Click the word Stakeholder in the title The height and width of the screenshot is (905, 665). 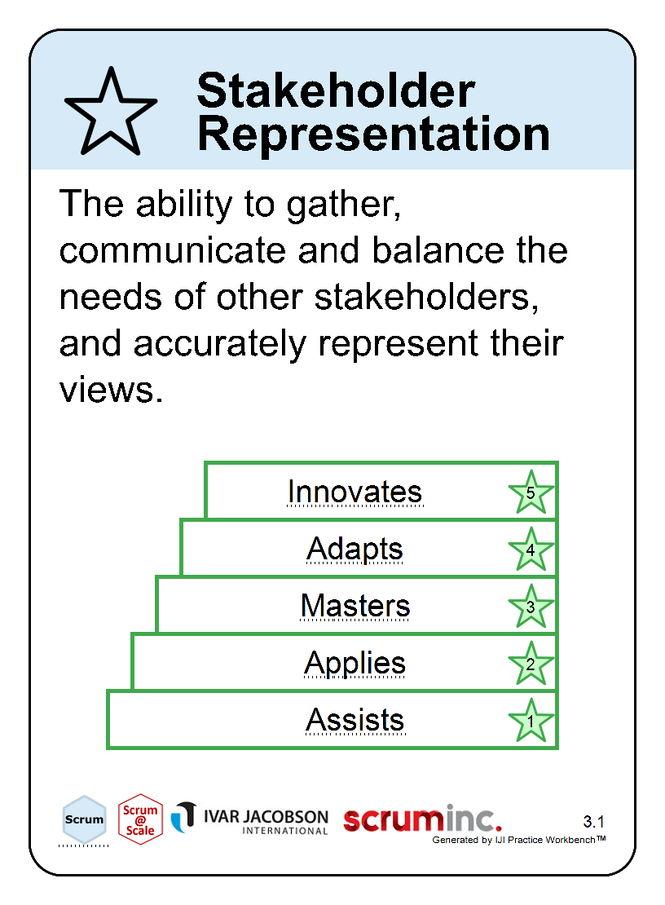coord(336,90)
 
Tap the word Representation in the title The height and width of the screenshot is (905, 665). coord(374,134)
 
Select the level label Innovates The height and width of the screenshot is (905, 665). coord(355,492)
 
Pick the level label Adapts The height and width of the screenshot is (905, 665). coord(355,549)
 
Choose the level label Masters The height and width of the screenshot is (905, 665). coord(355,606)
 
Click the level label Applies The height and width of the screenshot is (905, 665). coord(355,663)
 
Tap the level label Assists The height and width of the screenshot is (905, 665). coord(355,720)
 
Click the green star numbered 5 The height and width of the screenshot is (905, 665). coord(531,492)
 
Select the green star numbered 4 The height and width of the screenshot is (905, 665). coord(531,550)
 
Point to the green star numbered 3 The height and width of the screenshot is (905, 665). coord(531,607)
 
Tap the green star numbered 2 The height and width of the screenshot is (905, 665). coord(531,664)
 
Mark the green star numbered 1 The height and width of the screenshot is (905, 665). coord(531,721)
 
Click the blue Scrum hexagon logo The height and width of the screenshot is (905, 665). coord(84,819)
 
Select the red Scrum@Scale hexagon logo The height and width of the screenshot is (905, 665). coord(140,819)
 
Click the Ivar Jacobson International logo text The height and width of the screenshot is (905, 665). coord(266,821)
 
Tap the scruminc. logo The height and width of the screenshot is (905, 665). coord(422,819)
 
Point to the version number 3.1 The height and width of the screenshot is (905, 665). coord(593,821)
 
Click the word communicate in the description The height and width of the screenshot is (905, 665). coord(173,250)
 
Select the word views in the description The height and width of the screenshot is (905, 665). coord(112,390)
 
